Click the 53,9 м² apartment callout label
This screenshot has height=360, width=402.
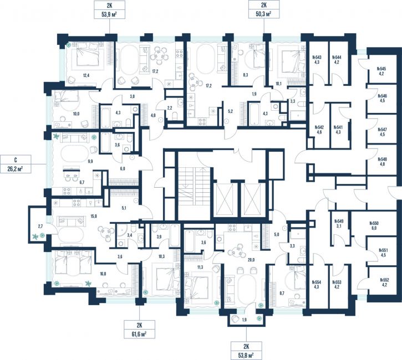pos(109,10)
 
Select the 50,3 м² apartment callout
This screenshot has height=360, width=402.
pos(264,9)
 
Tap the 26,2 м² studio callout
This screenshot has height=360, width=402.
pos(16,164)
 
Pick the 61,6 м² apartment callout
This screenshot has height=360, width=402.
pos(139,330)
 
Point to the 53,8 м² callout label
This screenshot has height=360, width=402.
pos(246,351)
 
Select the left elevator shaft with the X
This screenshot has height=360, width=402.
pos(225,199)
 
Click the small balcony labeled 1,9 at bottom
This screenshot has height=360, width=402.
pos(245,319)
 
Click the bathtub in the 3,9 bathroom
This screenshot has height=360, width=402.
pos(175,235)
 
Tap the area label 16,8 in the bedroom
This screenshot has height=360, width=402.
pos(103,274)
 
